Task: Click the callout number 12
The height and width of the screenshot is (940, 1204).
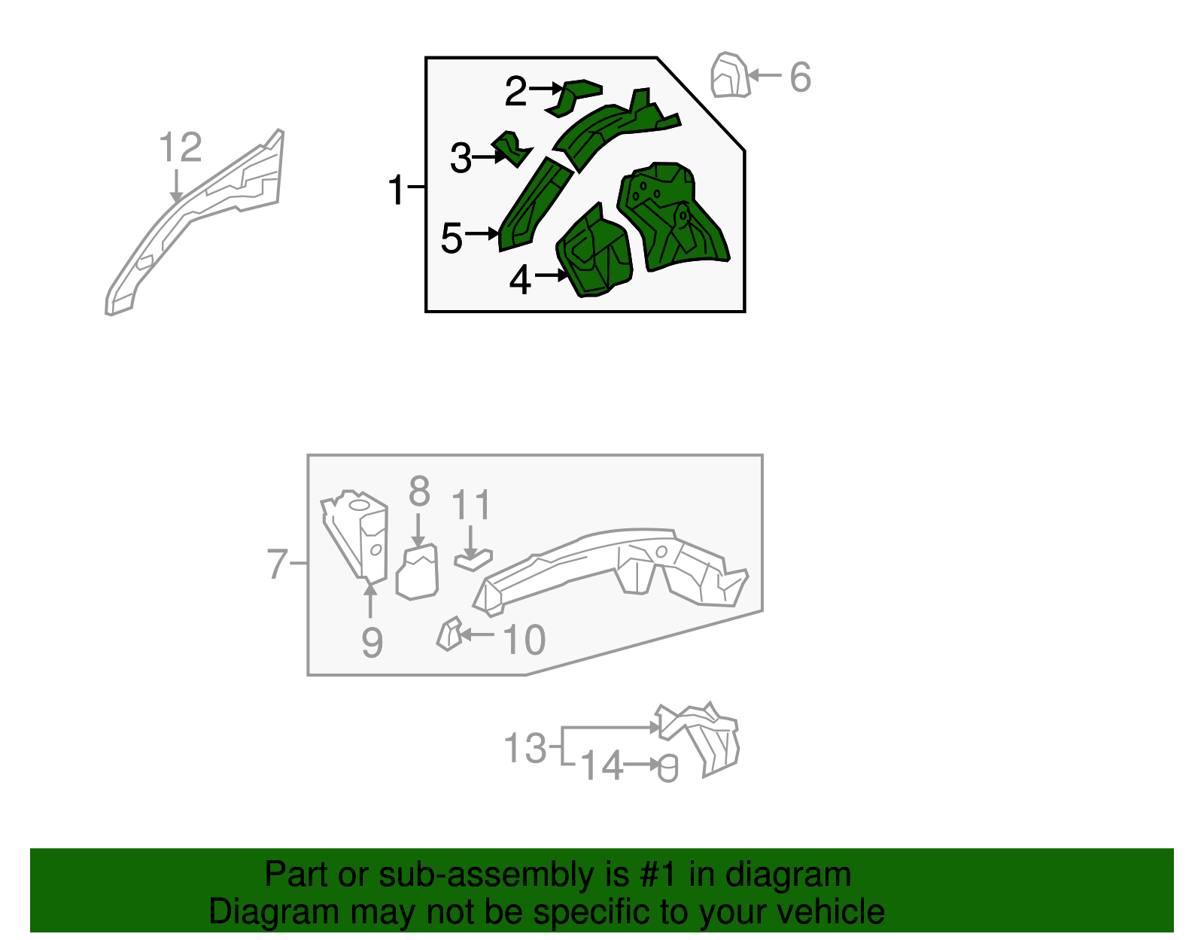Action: point(180,148)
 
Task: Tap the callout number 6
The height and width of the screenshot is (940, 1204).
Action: point(800,77)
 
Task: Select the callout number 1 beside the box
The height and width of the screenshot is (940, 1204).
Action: point(396,190)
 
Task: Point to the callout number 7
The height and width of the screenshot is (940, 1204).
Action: point(277,564)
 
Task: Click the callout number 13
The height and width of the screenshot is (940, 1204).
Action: point(525,748)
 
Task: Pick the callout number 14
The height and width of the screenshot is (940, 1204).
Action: point(602,765)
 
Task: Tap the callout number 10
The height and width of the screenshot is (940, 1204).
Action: point(524,640)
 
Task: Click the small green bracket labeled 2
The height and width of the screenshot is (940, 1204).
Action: point(573,98)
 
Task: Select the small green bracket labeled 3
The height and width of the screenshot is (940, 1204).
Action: point(512,148)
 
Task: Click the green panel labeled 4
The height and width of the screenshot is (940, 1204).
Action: point(594,252)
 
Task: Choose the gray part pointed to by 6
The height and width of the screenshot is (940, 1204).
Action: point(730,75)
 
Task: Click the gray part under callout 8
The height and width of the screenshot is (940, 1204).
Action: point(417,572)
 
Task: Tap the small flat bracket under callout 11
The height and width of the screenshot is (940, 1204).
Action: point(473,561)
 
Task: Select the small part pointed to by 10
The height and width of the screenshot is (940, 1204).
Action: point(449,634)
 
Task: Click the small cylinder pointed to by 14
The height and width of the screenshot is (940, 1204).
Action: point(667,769)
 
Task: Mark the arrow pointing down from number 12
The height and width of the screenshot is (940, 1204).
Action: point(176,186)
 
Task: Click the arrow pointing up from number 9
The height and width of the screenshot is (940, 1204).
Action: point(370,600)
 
